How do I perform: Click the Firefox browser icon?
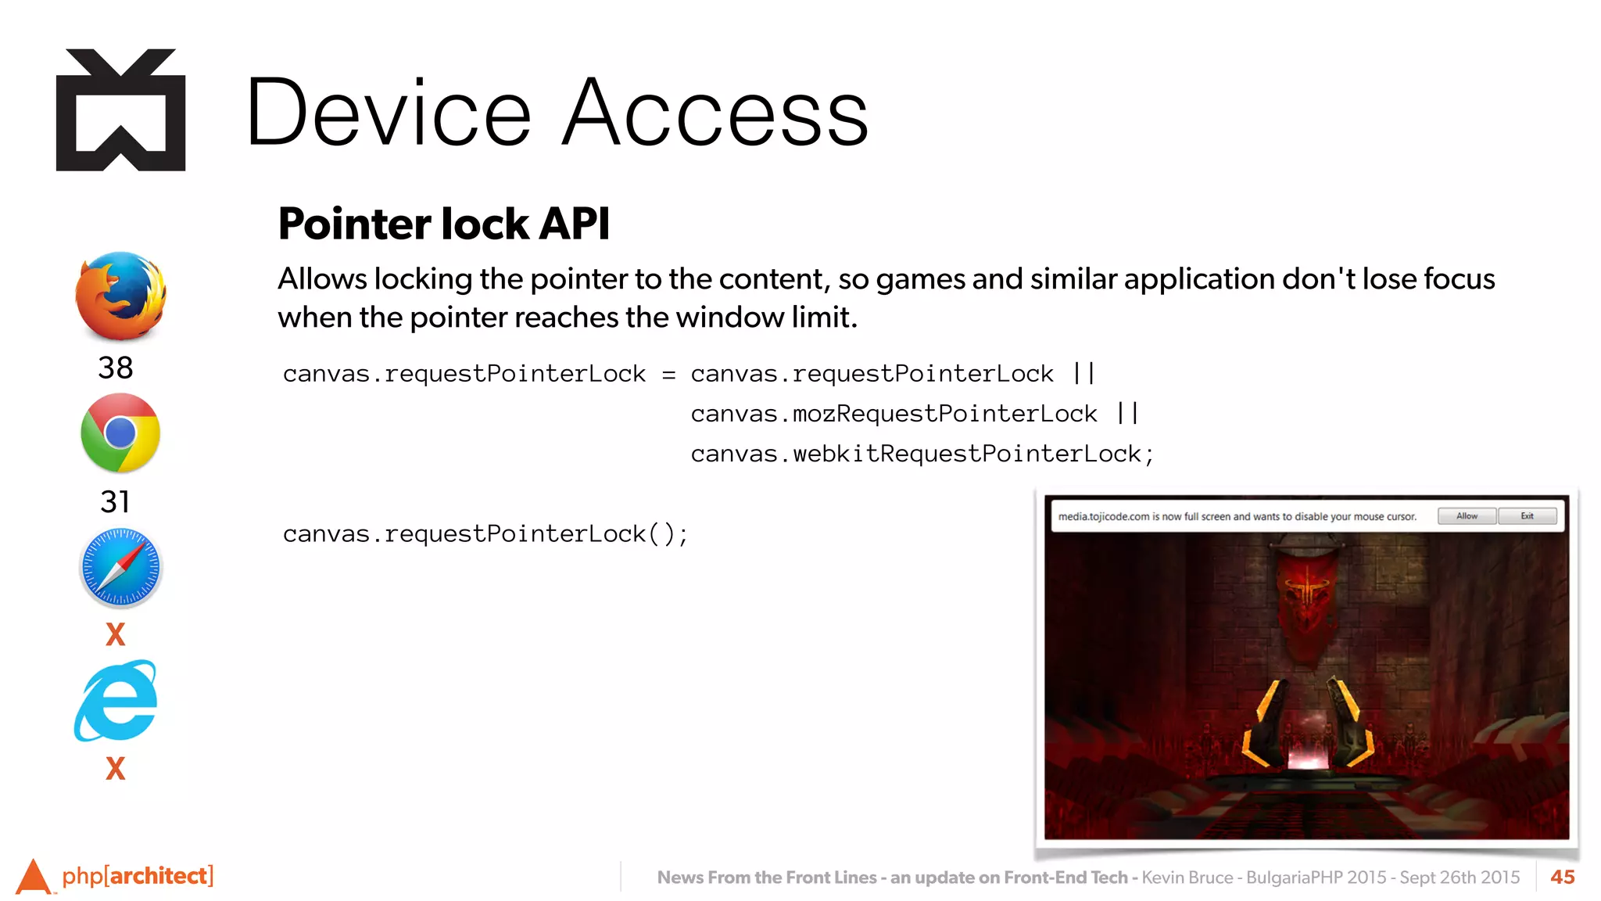[x=120, y=296]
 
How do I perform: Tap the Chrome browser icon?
[x=120, y=433]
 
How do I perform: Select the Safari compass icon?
[x=120, y=568]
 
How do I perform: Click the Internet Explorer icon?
[x=117, y=701]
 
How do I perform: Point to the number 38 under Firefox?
[x=116, y=368]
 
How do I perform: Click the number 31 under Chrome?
[x=115, y=501]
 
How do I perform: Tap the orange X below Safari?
[x=116, y=634]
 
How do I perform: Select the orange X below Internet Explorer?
[x=116, y=769]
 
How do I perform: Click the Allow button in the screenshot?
[x=1467, y=516]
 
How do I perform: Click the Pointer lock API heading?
[x=443, y=224]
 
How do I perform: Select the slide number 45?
[x=1562, y=877]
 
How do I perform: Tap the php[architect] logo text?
[x=138, y=875]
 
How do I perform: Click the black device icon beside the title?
[x=121, y=110]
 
